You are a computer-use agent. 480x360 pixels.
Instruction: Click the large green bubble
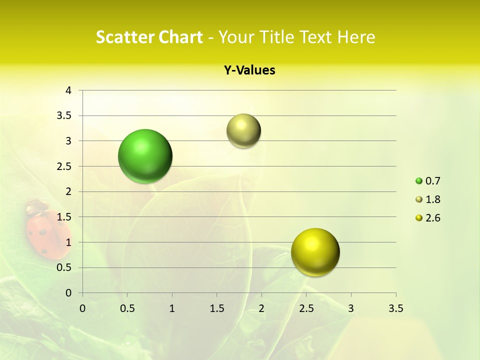[145, 156]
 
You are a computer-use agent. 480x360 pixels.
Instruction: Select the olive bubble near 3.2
[243, 131]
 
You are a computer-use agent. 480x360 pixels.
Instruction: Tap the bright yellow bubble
[315, 252]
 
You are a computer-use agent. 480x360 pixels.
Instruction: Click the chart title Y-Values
[249, 70]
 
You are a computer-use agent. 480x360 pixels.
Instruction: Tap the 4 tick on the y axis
[68, 90]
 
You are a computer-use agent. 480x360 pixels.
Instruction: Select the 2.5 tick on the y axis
[64, 166]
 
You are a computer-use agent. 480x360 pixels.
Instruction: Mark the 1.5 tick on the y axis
[64, 217]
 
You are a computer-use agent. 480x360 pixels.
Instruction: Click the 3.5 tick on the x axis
[395, 308]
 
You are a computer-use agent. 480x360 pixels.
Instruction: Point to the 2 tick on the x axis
[261, 308]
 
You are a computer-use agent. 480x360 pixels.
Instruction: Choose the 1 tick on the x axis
[172, 308]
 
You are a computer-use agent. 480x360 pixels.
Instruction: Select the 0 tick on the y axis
[68, 293]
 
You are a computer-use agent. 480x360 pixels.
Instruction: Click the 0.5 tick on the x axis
[127, 308]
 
